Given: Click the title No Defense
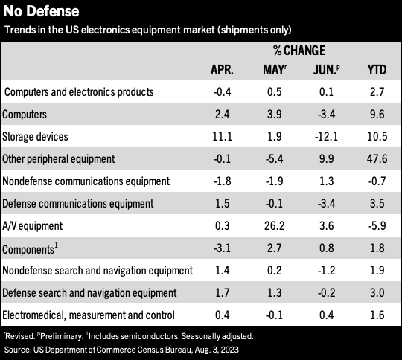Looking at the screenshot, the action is tap(41, 12).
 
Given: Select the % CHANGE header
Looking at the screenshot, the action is tap(299, 51).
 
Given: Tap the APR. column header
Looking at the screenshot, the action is tap(222, 70).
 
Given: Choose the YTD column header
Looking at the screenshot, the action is tap(377, 70).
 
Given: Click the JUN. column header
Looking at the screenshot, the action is tap(326, 70).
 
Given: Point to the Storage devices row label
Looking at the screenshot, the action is tap(35, 137).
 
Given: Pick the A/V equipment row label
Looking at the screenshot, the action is tap(32, 226).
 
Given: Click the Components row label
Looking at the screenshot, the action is tap(30, 248).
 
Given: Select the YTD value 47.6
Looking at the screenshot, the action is tap(377, 159).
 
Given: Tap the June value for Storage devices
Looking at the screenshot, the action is tap(326, 137).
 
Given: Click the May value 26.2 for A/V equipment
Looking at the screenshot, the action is tap(274, 225).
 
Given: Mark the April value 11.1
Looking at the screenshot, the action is tap(222, 137).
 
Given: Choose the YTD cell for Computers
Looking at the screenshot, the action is tap(377, 115).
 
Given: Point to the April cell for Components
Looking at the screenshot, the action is tap(222, 248).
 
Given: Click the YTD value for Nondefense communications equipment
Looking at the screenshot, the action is tap(377, 181).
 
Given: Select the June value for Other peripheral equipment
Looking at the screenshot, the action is tap(326, 159).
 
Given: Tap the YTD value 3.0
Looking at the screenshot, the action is tap(377, 292).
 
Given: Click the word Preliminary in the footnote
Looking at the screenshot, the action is tap(62, 336).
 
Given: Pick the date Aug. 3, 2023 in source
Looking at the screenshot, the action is tap(217, 350).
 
